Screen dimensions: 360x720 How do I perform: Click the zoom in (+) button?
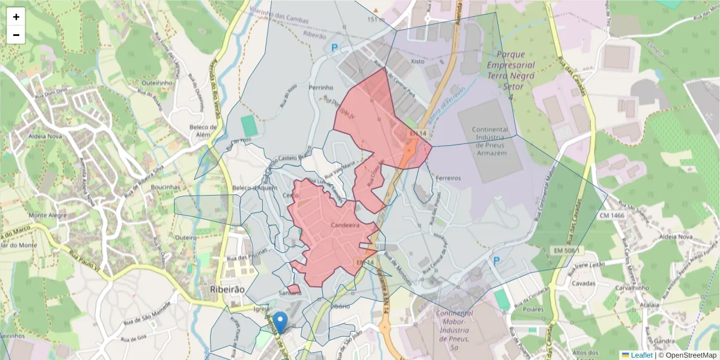16,17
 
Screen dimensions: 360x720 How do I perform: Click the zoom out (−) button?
16,35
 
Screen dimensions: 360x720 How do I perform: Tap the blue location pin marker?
280,322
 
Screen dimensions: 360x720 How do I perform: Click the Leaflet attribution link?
641,355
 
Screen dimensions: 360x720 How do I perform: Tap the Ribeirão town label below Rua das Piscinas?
228,289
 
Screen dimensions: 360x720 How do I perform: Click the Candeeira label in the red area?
344,225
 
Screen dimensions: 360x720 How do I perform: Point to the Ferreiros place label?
448,178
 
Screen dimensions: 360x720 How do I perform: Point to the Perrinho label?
320,88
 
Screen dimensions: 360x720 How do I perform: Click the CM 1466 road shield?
610,214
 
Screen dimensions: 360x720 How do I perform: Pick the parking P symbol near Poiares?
497,262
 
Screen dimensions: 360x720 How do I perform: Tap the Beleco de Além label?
203,131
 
